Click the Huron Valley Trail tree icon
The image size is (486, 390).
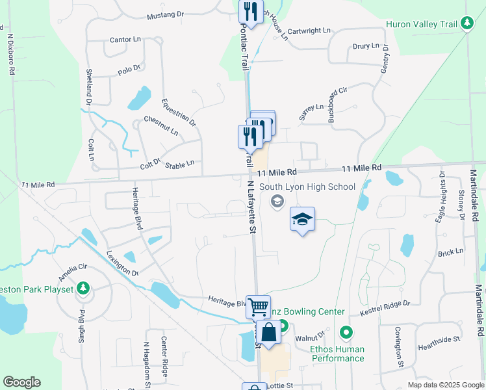click(467, 23)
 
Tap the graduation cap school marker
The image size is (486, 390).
click(301, 220)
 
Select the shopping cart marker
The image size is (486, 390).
click(258, 305)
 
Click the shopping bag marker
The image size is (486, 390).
click(268, 332)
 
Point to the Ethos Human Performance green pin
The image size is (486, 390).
click(346, 333)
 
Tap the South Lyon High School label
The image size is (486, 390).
click(307, 187)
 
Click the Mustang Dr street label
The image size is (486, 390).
click(166, 16)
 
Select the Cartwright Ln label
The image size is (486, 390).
click(309, 31)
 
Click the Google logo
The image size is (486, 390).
click(21, 382)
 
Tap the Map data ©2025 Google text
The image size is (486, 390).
click(445, 385)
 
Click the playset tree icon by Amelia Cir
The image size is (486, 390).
click(83, 287)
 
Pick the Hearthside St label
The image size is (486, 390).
click(439, 339)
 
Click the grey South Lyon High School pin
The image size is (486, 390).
click(277, 201)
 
